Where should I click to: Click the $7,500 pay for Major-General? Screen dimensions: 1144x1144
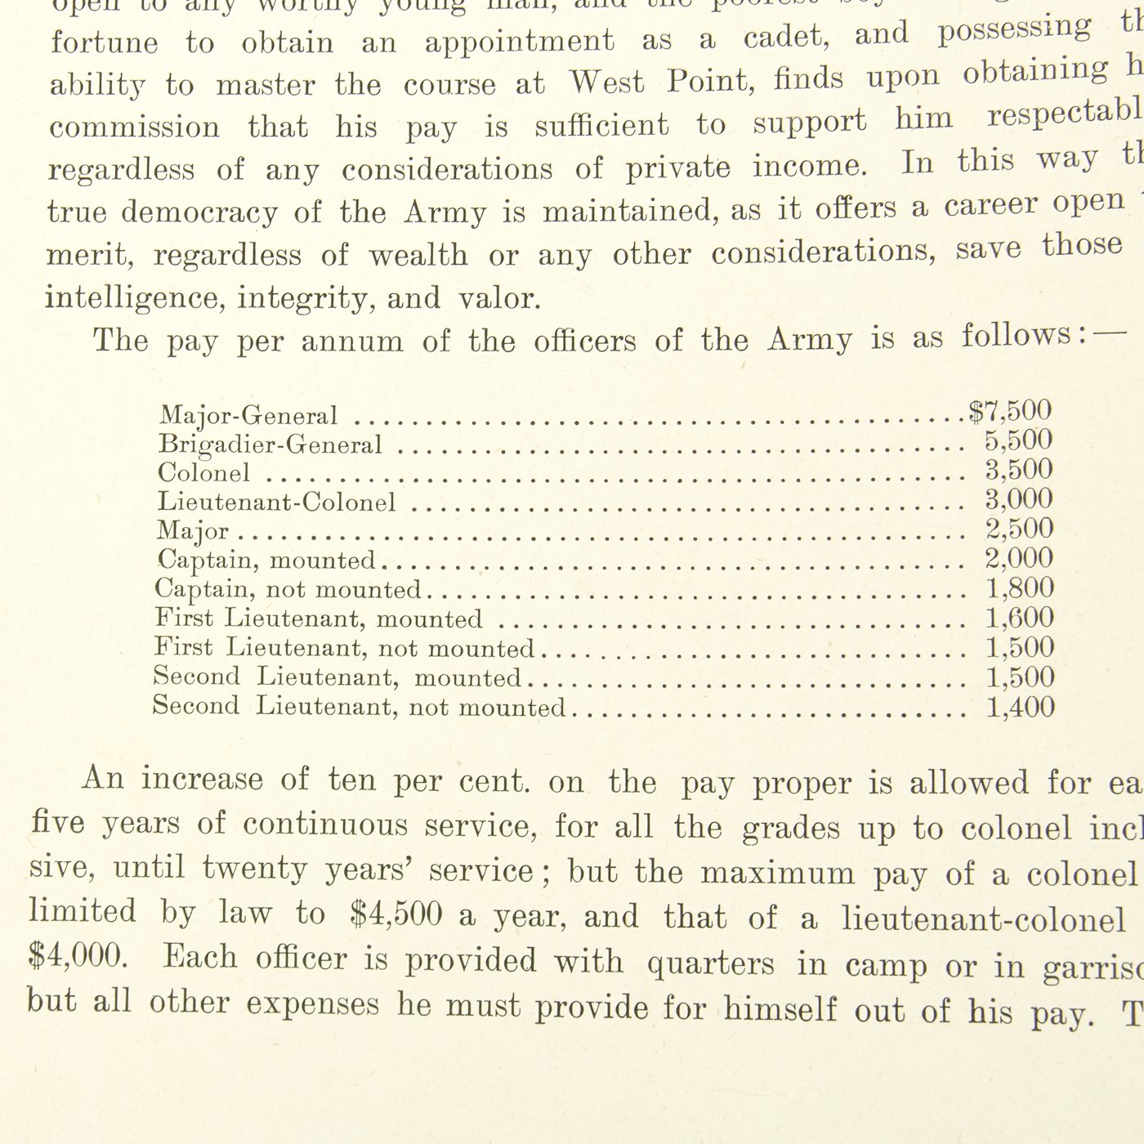[x=1010, y=410]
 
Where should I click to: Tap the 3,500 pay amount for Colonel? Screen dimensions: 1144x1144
[x=1019, y=470]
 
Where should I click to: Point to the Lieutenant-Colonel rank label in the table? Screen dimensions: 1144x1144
[x=276, y=502]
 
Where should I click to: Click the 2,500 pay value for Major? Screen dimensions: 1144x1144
[x=1019, y=529]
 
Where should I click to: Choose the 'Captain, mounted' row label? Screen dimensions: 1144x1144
[x=266, y=561]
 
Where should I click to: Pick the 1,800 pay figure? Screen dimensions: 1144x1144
[x=1020, y=588]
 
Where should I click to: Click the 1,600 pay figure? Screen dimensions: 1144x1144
[x=1020, y=618]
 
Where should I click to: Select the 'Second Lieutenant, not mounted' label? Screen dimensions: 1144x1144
[x=359, y=706]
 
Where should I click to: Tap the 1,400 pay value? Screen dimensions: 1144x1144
[x=1020, y=707]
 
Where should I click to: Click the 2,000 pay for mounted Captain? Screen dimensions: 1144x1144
[x=1019, y=558]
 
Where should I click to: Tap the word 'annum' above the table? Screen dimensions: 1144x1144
[x=352, y=340]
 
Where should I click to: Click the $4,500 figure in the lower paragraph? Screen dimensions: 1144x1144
[x=395, y=914]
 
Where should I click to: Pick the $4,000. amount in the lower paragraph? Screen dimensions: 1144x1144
[x=78, y=956]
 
